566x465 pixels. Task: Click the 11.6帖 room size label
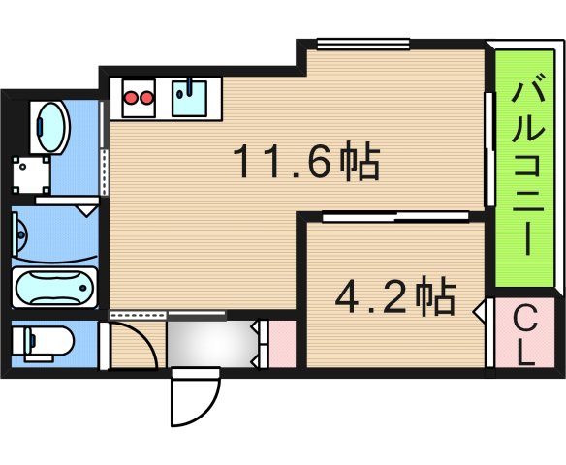pos(307,161)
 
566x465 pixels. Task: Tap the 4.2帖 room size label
pos(395,296)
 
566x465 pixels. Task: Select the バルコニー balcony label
pos(525,164)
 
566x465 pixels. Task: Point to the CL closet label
pos(524,333)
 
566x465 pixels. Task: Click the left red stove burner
pos(131,98)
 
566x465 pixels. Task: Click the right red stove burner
pos(146,98)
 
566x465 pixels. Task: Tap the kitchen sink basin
pos(189,99)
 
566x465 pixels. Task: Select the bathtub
pos(55,288)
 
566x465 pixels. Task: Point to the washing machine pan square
pos(31,175)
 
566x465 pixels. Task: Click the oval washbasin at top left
pos(51,127)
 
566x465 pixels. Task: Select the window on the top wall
pos(363,44)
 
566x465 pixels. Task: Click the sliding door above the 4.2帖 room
pos(395,217)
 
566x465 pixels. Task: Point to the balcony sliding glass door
pos(489,149)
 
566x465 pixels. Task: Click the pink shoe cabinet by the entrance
pos(283,344)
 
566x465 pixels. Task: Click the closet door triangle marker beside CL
pos(479,311)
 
